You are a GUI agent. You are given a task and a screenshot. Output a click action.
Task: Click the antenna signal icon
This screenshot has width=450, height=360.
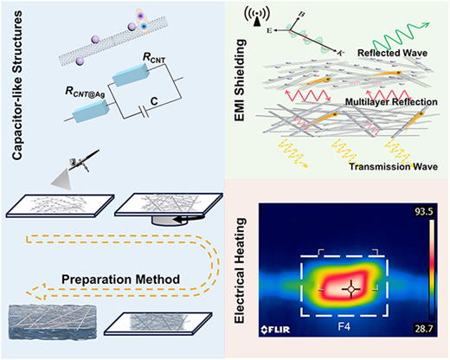point(257,16)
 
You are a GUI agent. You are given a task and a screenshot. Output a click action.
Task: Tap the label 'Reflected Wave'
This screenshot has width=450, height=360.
point(392,53)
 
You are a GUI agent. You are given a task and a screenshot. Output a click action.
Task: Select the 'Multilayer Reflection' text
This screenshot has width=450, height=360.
point(391,102)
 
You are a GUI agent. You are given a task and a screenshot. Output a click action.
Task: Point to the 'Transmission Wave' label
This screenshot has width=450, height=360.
point(394,166)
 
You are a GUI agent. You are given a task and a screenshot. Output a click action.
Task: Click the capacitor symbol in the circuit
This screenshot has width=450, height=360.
point(144,112)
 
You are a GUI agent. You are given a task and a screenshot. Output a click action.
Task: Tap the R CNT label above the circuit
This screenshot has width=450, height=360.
point(154,58)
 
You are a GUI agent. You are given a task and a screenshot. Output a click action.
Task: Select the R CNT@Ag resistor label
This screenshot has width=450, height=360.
point(85,92)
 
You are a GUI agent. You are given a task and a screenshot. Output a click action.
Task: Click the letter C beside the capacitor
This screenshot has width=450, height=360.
point(154,101)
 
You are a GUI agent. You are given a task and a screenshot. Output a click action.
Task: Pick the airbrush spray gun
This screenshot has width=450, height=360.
point(84,161)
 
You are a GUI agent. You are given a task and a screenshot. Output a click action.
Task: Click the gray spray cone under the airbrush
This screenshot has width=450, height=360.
point(62,180)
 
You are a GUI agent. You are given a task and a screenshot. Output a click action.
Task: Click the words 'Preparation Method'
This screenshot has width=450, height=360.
point(120,280)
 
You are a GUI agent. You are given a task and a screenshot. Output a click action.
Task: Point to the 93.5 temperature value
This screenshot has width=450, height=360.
point(423,211)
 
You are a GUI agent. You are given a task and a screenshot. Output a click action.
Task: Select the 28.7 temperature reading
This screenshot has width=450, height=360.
point(423,329)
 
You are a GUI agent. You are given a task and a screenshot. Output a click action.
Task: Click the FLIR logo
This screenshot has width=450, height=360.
point(275,330)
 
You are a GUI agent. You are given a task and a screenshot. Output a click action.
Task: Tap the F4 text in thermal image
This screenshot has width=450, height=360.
point(344,327)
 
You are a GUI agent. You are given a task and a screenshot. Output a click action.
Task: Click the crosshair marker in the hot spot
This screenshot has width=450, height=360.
point(351,288)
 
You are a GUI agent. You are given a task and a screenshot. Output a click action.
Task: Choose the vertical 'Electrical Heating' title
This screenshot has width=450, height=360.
point(240,270)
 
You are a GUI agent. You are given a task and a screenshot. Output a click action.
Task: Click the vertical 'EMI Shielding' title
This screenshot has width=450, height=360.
point(240,80)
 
